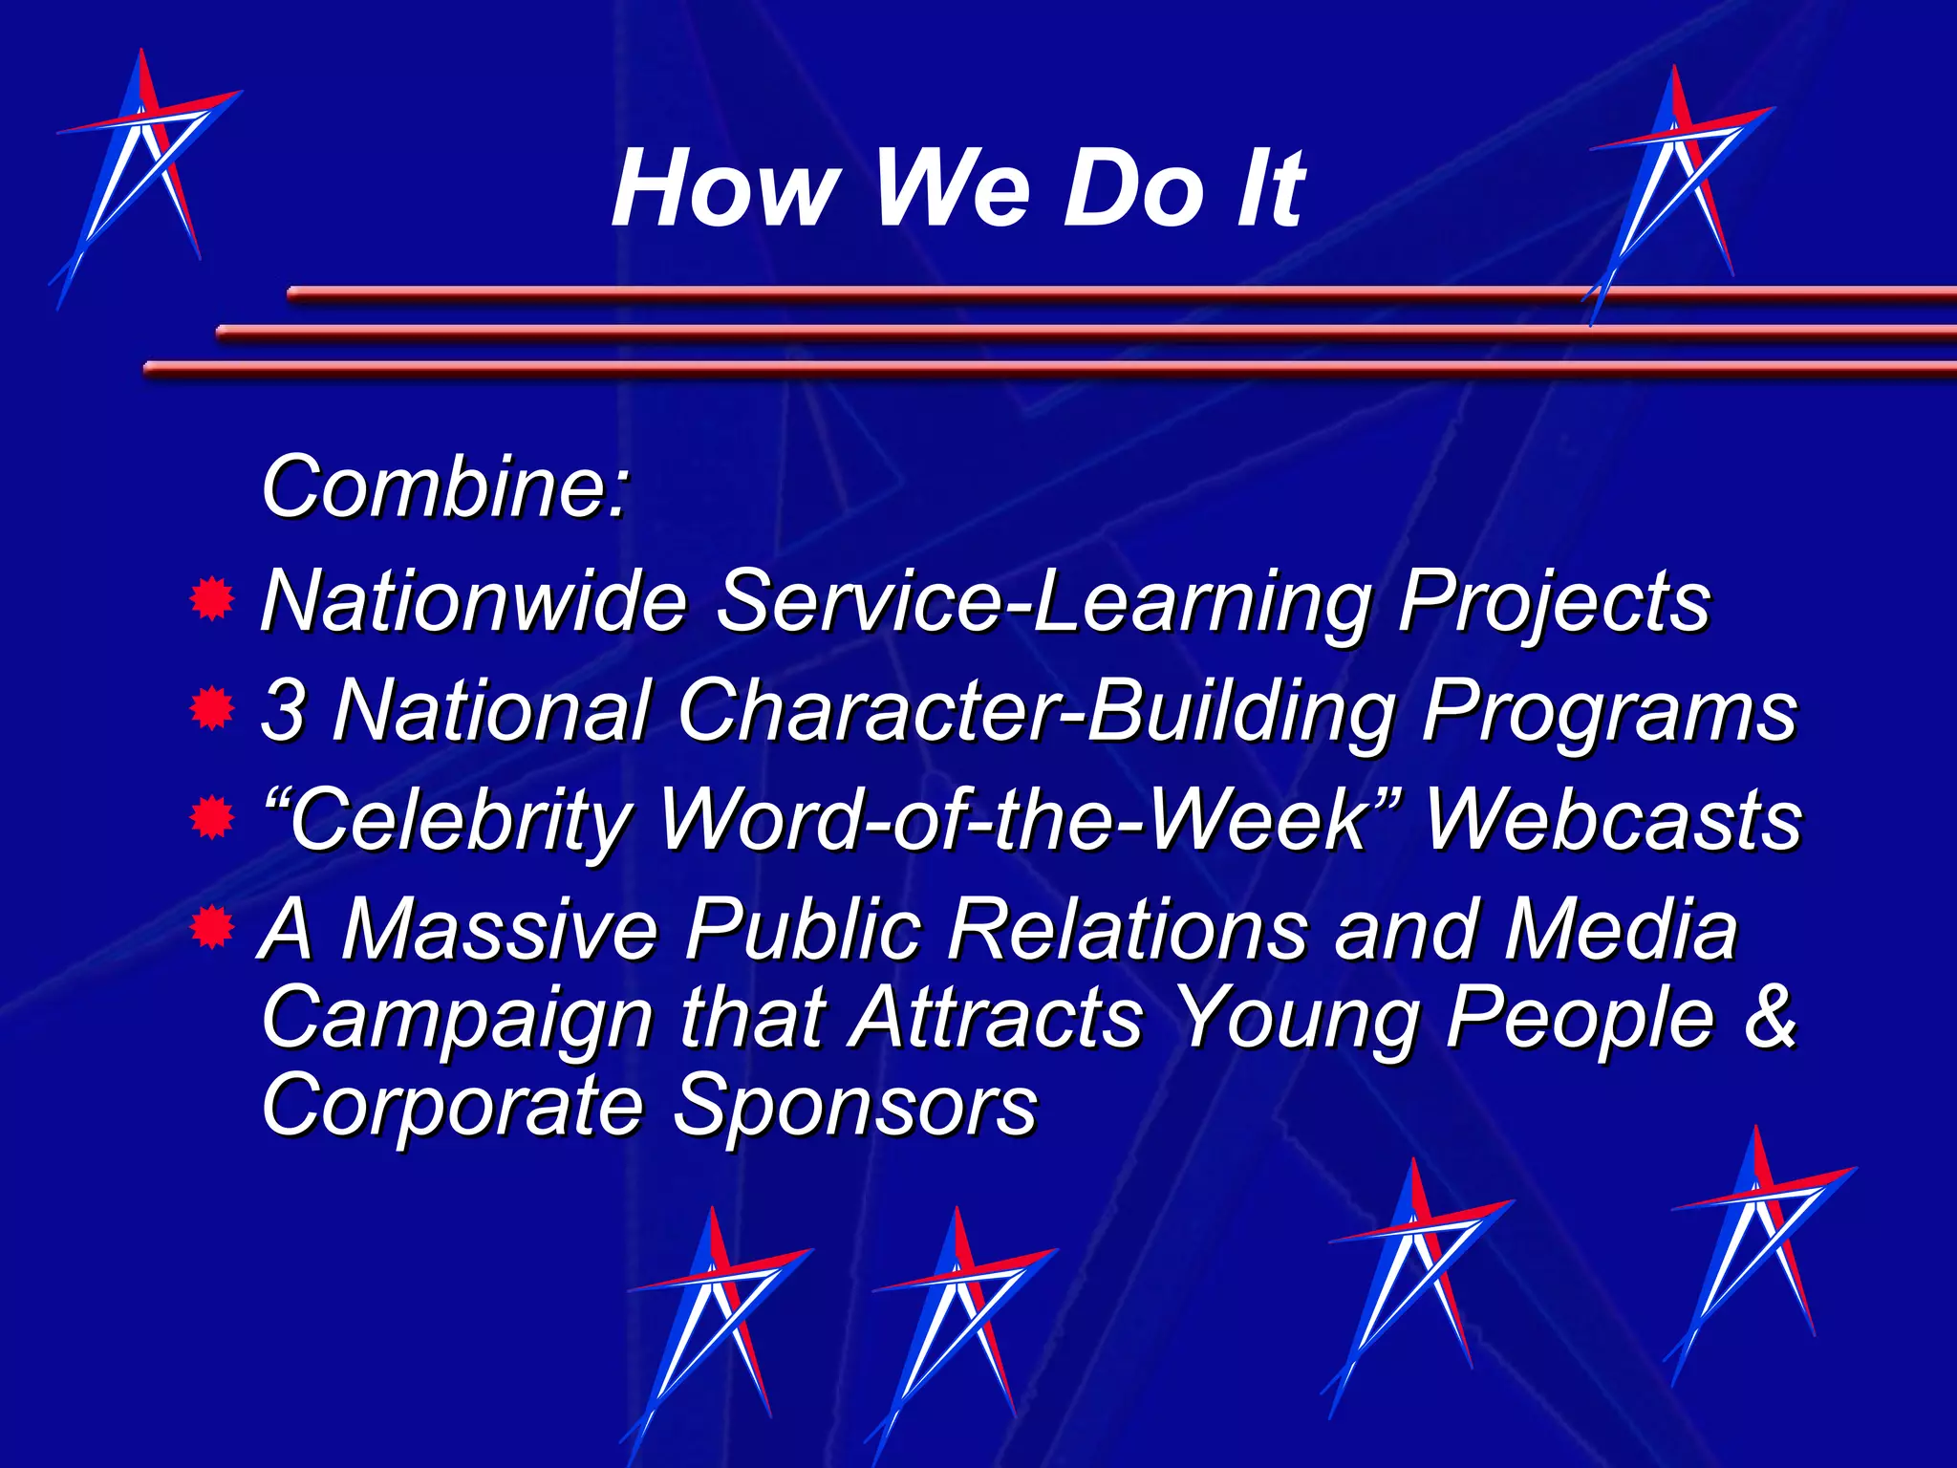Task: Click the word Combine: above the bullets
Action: point(444,487)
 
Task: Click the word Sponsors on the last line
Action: point(855,1106)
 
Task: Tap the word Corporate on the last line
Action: point(453,1106)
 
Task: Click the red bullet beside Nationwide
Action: point(212,600)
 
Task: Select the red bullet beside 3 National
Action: point(212,709)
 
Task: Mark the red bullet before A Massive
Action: point(212,927)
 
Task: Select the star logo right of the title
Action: point(1677,191)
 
